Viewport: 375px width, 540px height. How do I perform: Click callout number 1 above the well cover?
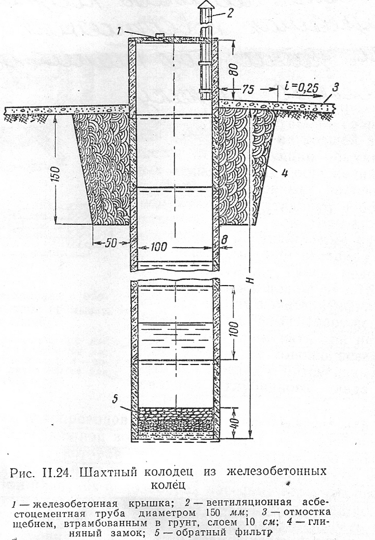click(x=118, y=31)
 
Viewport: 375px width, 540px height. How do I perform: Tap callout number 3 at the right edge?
click(x=335, y=87)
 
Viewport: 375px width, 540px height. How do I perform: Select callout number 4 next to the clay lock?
click(x=285, y=172)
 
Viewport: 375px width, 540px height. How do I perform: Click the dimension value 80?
click(x=234, y=70)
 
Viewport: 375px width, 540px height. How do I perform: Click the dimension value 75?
click(x=248, y=89)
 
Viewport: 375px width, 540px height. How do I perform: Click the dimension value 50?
click(x=110, y=243)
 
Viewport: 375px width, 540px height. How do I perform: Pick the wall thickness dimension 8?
click(x=224, y=240)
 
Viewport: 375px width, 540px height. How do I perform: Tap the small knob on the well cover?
click(x=159, y=35)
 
